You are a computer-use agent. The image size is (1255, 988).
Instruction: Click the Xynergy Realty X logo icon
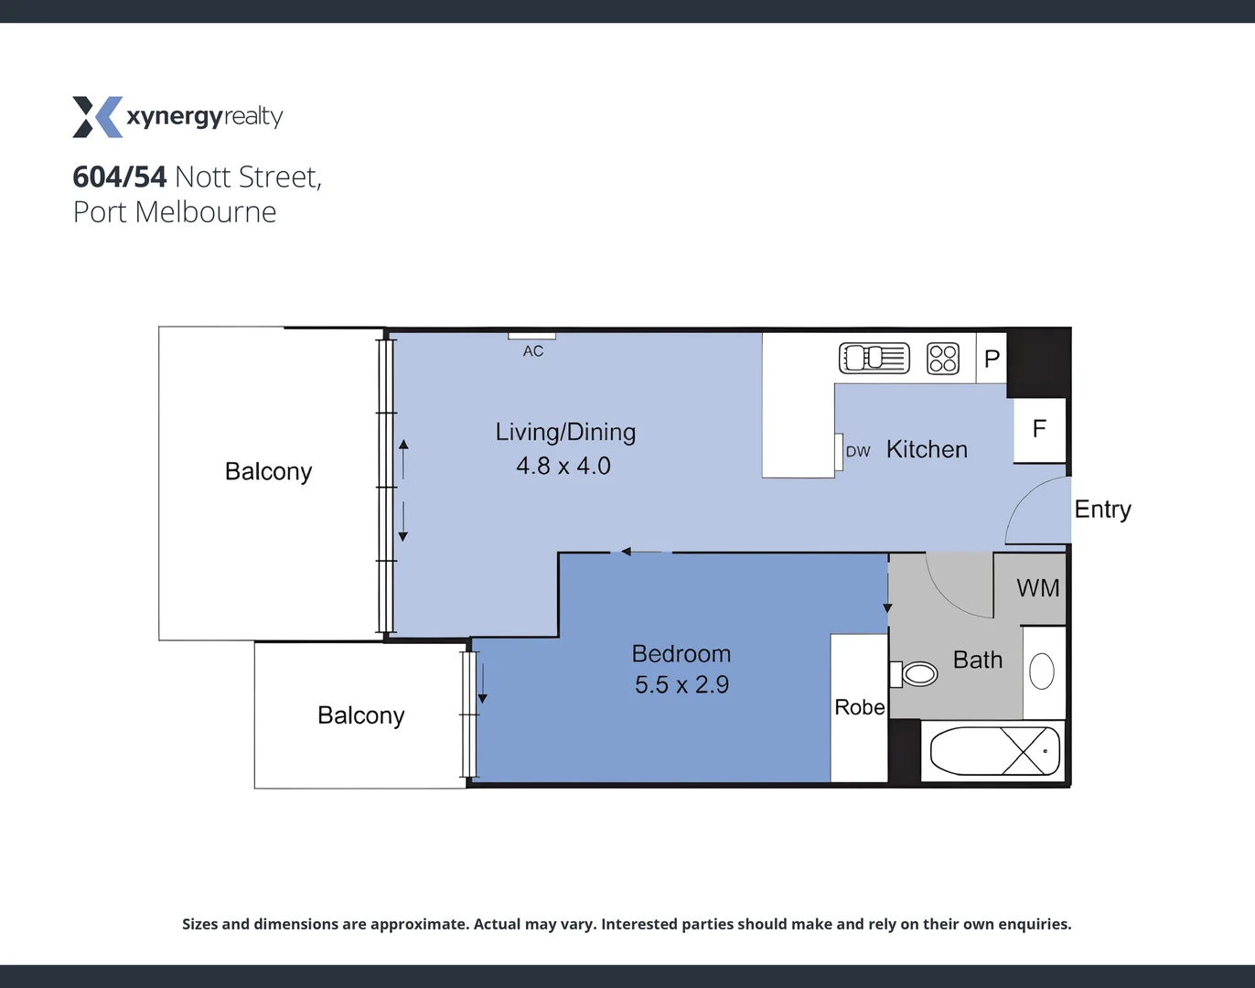(x=97, y=117)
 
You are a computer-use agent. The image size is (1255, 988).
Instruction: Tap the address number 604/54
(x=120, y=177)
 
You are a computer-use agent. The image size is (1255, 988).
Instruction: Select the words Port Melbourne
(x=175, y=212)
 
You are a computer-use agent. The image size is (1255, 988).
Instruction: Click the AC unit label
(x=533, y=351)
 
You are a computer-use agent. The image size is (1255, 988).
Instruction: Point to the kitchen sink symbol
(x=874, y=358)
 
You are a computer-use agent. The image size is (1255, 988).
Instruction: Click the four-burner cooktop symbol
(x=943, y=358)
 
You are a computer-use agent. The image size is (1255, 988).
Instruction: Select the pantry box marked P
(x=992, y=359)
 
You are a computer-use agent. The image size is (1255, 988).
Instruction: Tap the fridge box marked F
(x=1039, y=429)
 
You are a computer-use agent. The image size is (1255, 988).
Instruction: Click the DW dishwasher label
(x=858, y=452)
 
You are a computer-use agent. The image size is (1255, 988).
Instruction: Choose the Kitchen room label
(x=927, y=449)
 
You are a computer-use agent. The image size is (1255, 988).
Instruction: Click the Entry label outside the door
(x=1102, y=510)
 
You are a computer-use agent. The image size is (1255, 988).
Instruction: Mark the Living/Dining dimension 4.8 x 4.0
(x=563, y=466)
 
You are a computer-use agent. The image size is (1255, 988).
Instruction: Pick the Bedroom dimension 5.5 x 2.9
(x=681, y=684)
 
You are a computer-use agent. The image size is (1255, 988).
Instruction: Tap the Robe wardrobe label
(x=859, y=707)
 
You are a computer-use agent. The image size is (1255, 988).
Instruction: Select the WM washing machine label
(x=1038, y=588)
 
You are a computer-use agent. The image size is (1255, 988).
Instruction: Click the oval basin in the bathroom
(x=1042, y=671)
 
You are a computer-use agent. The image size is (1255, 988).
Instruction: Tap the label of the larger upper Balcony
(x=268, y=471)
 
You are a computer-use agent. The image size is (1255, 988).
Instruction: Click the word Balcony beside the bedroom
(x=360, y=715)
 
